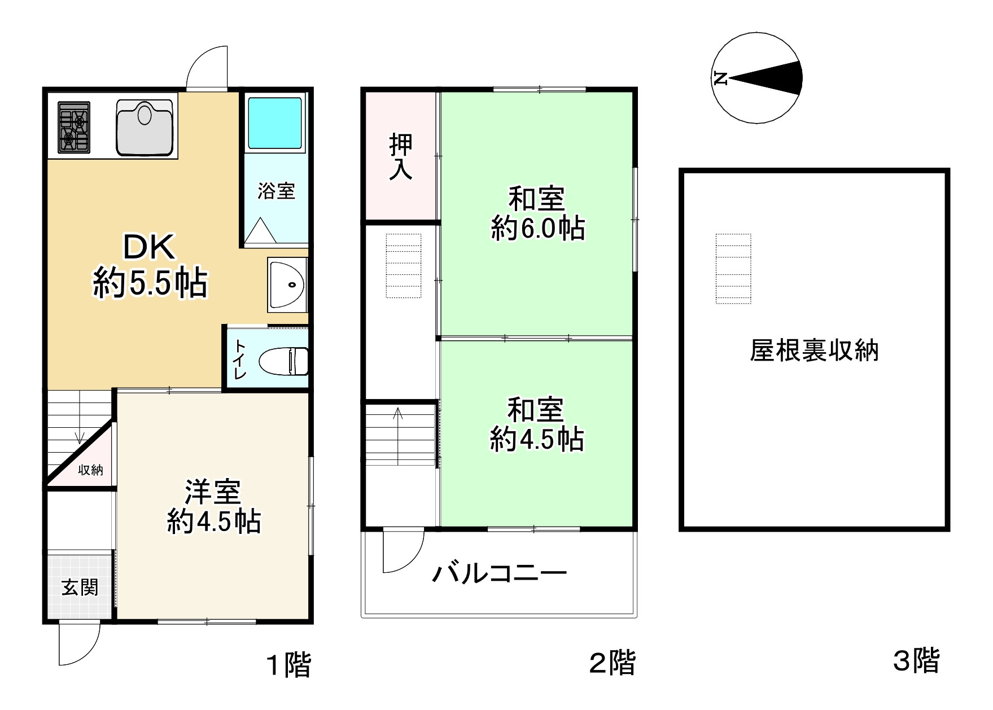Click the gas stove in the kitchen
pyautogui.click(x=74, y=128)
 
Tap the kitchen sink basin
pyautogui.click(x=145, y=126)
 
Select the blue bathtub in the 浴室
pyautogui.click(x=275, y=122)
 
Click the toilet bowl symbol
pyautogui.click(x=283, y=361)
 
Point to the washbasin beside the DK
pyautogui.click(x=287, y=285)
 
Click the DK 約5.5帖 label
pyautogui.click(x=150, y=265)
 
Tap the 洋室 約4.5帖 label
pyautogui.click(x=214, y=506)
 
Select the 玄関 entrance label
pyautogui.click(x=80, y=588)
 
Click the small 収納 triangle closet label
pyautogui.click(x=91, y=470)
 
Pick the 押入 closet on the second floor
pyautogui.click(x=401, y=157)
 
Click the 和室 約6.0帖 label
pyautogui.click(x=537, y=214)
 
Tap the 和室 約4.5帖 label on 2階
pyautogui.click(x=536, y=424)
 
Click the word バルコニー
pyautogui.click(x=499, y=574)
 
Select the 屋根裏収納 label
pyautogui.click(x=813, y=350)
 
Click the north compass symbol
pyautogui.click(x=756, y=78)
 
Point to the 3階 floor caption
pyautogui.click(x=916, y=660)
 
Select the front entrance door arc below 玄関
pyautogui.click(x=80, y=643)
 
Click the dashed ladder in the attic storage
pyautogui.click(x=733, y=269)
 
